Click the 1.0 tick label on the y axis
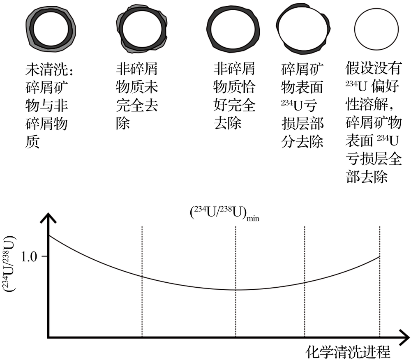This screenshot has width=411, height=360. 29,256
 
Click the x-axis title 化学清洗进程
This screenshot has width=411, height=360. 348,352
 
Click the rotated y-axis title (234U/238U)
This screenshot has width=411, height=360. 9,264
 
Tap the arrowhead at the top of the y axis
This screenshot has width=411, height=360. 48,217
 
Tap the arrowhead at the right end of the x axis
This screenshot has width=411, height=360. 404,337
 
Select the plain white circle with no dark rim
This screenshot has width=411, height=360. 376,29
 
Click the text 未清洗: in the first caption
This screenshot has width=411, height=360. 49,69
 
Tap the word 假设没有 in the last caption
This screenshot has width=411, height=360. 373,68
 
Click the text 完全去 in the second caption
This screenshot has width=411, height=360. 137,105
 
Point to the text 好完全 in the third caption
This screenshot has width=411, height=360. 234,105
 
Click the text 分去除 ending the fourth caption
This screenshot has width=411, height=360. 302,141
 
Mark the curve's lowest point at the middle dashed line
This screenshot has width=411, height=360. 236,290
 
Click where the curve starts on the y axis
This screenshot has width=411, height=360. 49,235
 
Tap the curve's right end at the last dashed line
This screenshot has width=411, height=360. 379,256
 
